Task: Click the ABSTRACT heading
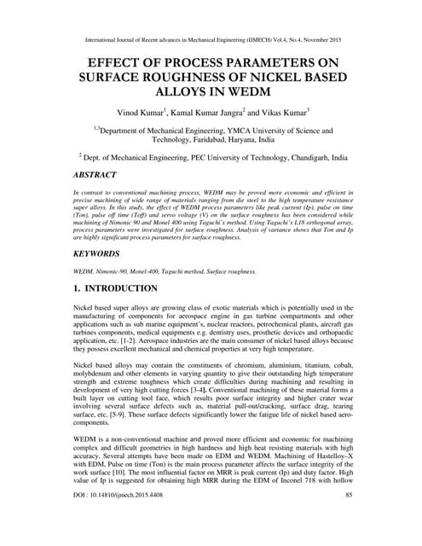click(x=104, y=175)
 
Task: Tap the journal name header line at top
click(x=211, y=39)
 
